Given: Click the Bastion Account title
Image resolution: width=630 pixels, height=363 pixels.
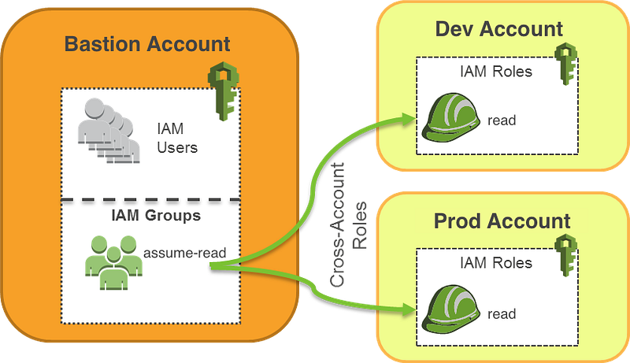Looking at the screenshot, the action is (147, 44).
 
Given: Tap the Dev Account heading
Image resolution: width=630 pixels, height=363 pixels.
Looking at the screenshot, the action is (499, 29).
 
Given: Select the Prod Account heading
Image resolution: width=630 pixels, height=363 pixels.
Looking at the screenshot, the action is (502, 220).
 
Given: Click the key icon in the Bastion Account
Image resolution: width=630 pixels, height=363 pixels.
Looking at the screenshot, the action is (224, 91).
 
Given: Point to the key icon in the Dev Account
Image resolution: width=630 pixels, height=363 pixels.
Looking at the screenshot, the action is (565, 64).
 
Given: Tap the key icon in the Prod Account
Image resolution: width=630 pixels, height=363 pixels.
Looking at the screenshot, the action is (565, 255).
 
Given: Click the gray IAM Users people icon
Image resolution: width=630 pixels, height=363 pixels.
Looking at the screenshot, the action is (109, 131).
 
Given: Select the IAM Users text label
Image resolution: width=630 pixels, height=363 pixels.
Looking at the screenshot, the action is (177, 138).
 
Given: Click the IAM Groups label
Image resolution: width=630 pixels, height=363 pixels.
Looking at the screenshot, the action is (156, 215).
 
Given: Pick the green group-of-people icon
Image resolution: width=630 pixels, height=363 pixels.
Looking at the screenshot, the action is (113, 263).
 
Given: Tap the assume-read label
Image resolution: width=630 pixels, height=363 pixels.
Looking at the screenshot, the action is (185, 253).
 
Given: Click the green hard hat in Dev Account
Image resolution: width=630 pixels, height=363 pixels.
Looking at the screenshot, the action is (450, 117).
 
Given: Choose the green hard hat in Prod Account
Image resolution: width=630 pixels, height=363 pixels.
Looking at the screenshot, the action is (450, 309).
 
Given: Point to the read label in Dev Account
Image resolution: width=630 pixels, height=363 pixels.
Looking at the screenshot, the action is (502, 120).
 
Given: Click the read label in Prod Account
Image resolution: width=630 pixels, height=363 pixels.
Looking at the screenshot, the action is (502, 313).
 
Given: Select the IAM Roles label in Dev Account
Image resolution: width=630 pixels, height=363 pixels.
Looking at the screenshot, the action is (496, 72).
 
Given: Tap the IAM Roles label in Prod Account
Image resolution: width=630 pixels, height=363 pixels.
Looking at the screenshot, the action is (496, 263).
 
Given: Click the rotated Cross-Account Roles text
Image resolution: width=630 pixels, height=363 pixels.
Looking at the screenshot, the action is (348, 225).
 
